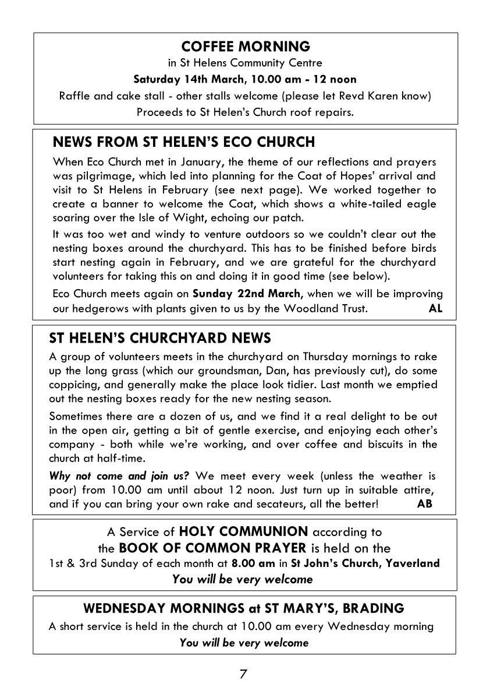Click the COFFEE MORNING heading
[246, 46]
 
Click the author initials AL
[435, 309]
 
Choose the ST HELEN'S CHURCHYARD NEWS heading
[160, 338]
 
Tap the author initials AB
[425, 504]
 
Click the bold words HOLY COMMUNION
[244, 531]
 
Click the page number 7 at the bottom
[243, 674]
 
